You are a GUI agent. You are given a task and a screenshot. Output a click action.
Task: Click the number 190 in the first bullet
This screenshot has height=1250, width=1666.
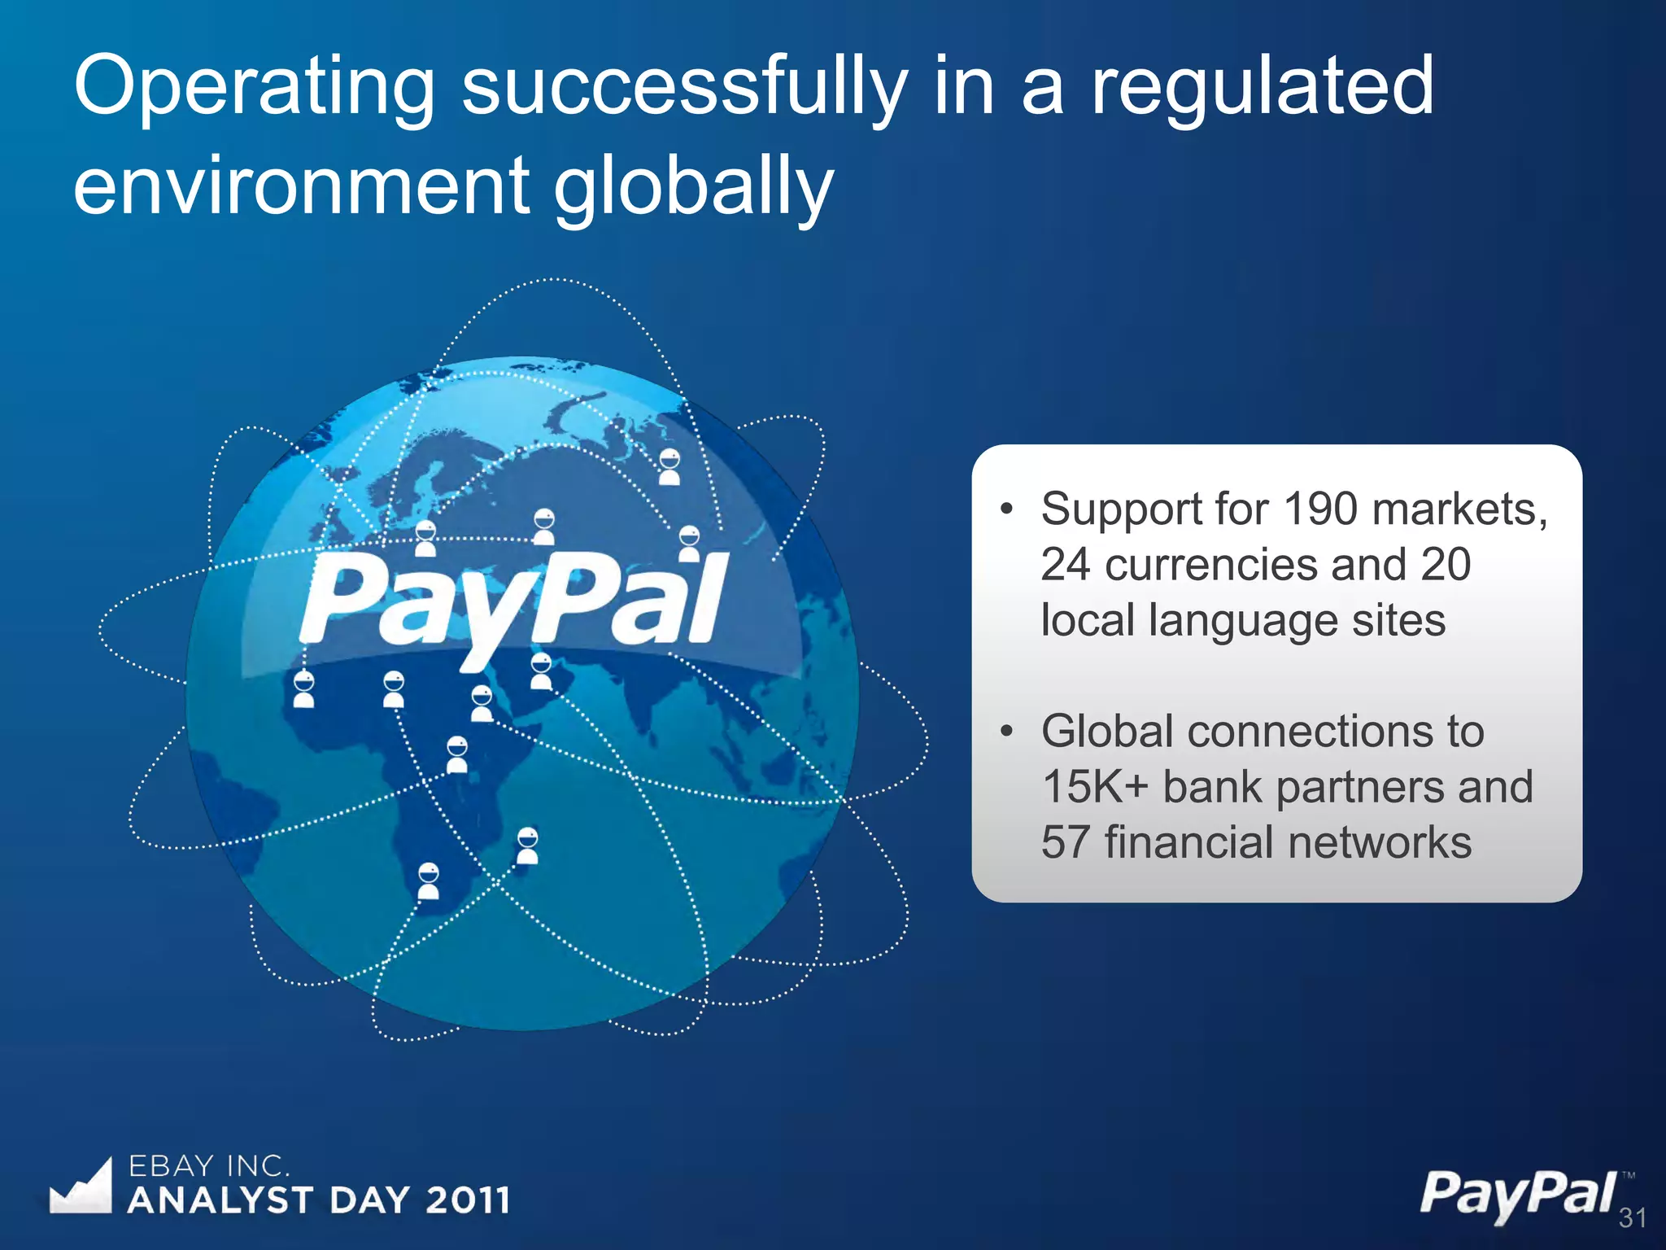click(1319, 509)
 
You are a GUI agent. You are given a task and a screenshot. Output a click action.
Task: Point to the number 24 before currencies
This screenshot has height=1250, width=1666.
click(1066, 565)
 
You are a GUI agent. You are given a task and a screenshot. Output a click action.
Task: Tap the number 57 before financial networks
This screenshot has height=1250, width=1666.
click(1066, 842)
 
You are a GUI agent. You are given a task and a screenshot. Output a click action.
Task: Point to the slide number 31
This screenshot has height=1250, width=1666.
click(1632, 1218)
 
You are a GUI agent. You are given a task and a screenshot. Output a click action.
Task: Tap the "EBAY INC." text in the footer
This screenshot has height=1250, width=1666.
click(209, 1166)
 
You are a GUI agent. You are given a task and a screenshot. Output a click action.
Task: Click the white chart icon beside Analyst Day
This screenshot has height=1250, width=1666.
click(81, 1187)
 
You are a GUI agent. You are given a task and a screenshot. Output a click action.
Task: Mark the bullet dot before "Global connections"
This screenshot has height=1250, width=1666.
click(1007, 732)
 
